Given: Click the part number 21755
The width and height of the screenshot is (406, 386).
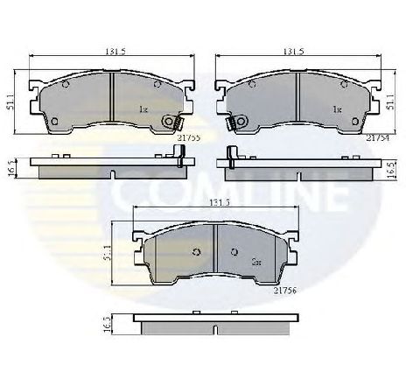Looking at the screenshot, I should coord(190,137).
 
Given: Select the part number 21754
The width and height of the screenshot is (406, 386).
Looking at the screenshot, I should coord(378,137).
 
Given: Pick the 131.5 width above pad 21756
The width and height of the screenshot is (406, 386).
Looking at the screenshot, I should coord(206,203).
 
